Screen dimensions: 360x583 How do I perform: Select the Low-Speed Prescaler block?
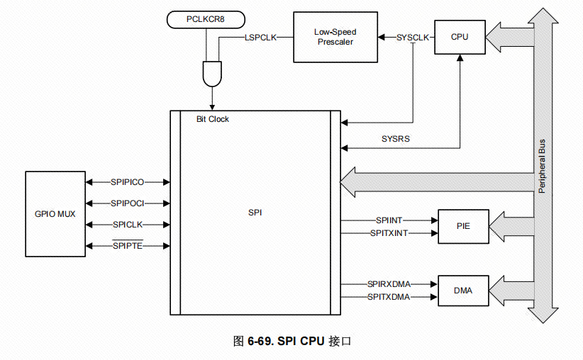pos(335,37)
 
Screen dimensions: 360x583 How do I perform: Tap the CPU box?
pos(460,37)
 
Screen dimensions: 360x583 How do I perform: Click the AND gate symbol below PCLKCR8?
pos(211,72)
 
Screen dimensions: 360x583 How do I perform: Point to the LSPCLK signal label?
pos(260,37)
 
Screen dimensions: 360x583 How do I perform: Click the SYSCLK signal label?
pos(413,37)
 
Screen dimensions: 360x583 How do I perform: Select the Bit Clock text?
pos(213,119)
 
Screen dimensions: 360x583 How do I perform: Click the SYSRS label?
pos(396,139)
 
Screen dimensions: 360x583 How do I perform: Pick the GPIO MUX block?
pos(55,213)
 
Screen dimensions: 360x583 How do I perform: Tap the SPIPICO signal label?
pos(128,182)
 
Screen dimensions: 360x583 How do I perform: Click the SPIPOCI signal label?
pos(128,203)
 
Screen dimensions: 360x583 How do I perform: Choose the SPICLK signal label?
pos(128,225)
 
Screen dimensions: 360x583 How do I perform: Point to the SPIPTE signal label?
pos(128,246)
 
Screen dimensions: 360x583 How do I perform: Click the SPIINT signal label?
pos(389,221)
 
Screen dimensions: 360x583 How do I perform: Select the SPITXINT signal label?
pos(389,232)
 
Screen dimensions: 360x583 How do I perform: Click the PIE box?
pos(463,227)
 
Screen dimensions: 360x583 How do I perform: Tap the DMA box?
pos(463,291)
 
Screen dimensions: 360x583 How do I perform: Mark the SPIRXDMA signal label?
pos(389,284)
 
